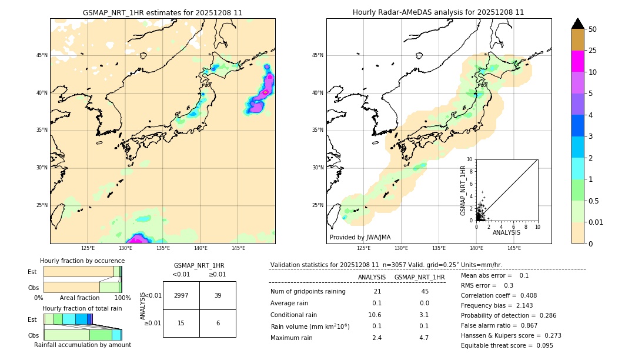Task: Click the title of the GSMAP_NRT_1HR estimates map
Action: click(x=162, y=12)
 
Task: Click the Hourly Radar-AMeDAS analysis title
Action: click(x=438, y=12)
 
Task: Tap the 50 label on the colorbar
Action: click(x=593, y=29)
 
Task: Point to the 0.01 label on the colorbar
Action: click(x=596, y=222)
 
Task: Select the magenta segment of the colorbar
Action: click(x=577, y=61)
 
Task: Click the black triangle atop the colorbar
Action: click(x=577, y=24)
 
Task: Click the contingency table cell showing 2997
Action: click(x=181, y=295)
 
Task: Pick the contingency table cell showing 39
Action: click(x=218, y=295)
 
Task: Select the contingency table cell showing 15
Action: click(x=181, y=323)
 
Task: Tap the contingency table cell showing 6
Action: click(x=218, y=323)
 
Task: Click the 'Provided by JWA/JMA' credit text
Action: click(x=360, y=237)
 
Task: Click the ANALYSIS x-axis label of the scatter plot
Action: click(x=506, y=233)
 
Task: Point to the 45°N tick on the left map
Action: click(x=42, y=55)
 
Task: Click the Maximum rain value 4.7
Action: click(x=424, y=338)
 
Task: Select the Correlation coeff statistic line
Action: click(x=499, y=295)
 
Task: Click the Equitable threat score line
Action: click(x=507, y=345)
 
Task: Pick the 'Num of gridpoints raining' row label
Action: click(x=308, y=291)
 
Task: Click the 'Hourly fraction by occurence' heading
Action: click(x=81, y=261)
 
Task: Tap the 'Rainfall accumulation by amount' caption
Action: click(x=82, y=345)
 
